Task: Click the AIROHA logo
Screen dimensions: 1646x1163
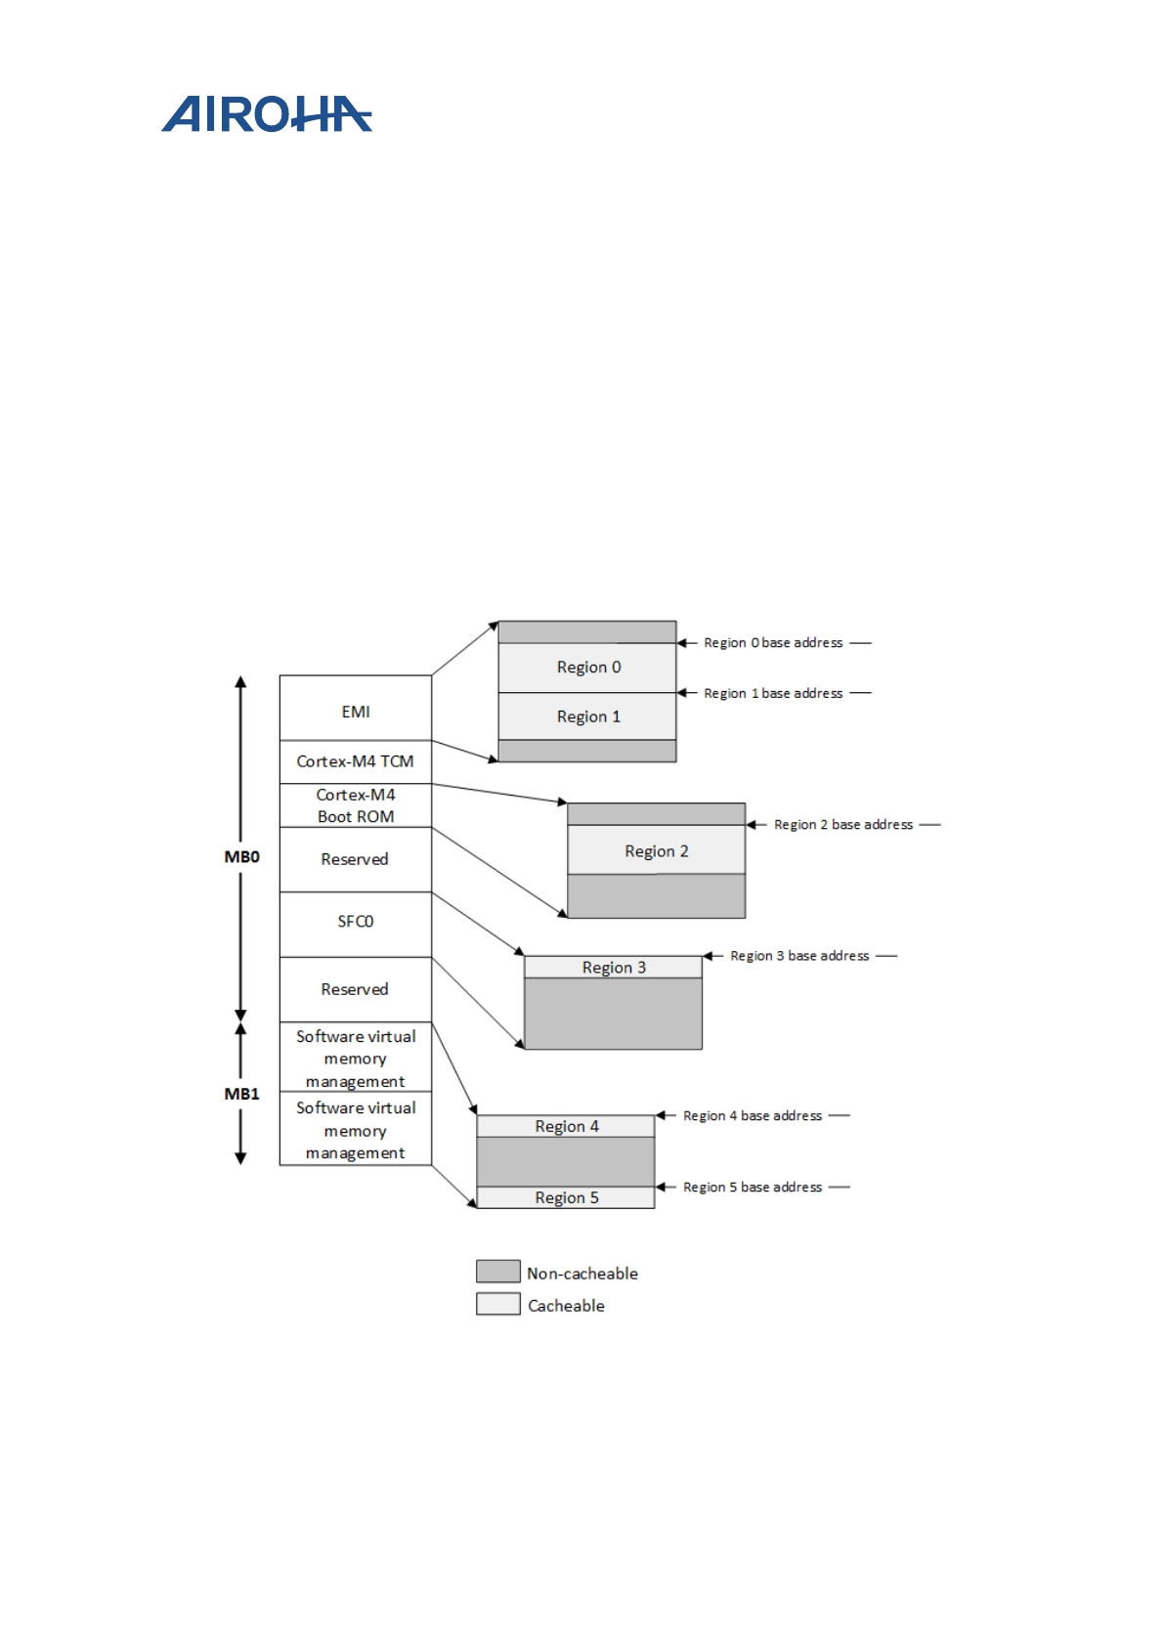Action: pyautogui.click(x=266, y=114)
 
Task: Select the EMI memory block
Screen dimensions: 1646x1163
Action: pyautogui.click(x=355, y=711)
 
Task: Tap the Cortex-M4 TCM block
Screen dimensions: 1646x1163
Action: pyautogui.click(x=355, y=761)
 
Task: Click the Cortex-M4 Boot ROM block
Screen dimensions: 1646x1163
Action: pyautogui.click(x=355, y=805)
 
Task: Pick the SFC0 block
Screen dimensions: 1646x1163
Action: pyautogui.click(x=355, y=922)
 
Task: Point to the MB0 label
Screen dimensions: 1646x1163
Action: pyautogui.click(x=241, y=857)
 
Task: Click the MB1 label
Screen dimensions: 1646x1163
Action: pyautogui.click(x=241, y=1094)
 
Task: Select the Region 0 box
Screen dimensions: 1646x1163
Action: pyautogui.click(x=587, y=668)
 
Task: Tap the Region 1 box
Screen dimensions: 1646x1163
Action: pyautogui.click(x=587, y=716)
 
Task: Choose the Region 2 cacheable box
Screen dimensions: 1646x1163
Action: pyautogui.click(x=656, y=850)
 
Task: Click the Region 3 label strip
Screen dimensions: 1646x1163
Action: pyautogui.click(x=613, y=967)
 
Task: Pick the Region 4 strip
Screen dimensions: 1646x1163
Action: pyautogui.click(x=566, y=1126)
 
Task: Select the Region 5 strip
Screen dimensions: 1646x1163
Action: pyautogui.click(x=566, y=1197)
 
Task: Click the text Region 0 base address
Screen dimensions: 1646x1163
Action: pyautogui.click(x=773, y=643)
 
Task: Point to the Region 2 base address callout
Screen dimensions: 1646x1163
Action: pyautogui.click(x=843, y=825)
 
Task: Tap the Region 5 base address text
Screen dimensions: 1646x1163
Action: pyautogui.click(x=753, y=1188)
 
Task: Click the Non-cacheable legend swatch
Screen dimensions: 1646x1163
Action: pyautogui.click(x=497, y=1271)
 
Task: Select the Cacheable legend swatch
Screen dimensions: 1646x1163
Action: pyautogui.click(x=497, y=1304)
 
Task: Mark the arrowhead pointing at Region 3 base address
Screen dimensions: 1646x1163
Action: pyautogui.click(x=709, y=956)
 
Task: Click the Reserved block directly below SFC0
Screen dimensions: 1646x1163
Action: pyautogui.click(x=355, y=989)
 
